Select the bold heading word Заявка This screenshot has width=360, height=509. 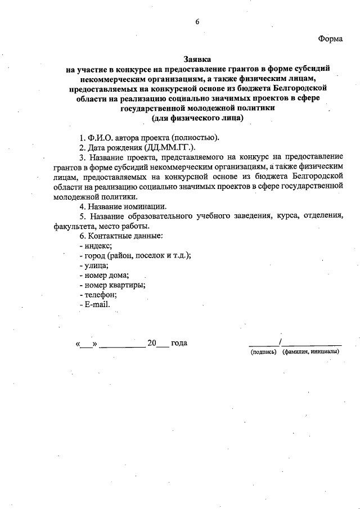click(x=197, y=58)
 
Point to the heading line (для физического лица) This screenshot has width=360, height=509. click(x=197, y=119)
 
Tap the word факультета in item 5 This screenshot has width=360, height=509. click(x=78, y=226)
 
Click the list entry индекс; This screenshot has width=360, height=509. click(x=96, y=246)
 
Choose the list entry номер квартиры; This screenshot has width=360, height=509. click(x=113, y=285)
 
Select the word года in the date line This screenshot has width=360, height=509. click(x=179, y=343)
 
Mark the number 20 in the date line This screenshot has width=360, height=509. click(x=151, y=343)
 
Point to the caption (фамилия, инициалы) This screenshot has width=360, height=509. click(x=311, y=352)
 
